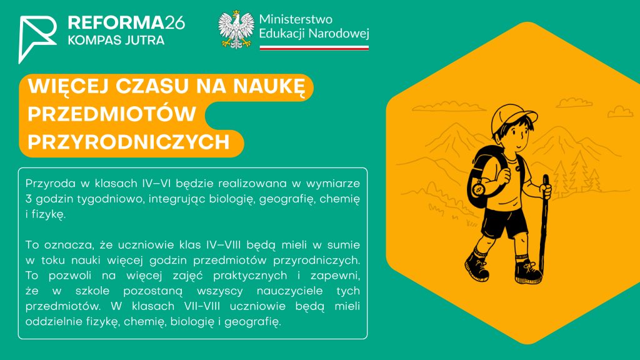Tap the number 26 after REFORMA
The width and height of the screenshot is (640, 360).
(x=175, y=23)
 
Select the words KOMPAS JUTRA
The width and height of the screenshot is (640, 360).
(x=116, y=40)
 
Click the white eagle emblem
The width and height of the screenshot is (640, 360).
(x=236, y=30)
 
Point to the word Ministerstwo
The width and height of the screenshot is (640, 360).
(x=296, y=19)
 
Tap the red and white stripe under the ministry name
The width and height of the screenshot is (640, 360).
(x=314, y=47)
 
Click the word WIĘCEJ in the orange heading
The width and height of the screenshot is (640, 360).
(x=68, y=86)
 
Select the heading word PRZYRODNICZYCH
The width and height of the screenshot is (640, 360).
(x=129, y=142)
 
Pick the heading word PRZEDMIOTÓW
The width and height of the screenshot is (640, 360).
(x=112, y=114)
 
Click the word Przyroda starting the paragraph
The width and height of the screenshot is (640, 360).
(x=51, y=184)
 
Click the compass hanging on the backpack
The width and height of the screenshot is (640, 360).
(x=479, y=189)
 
